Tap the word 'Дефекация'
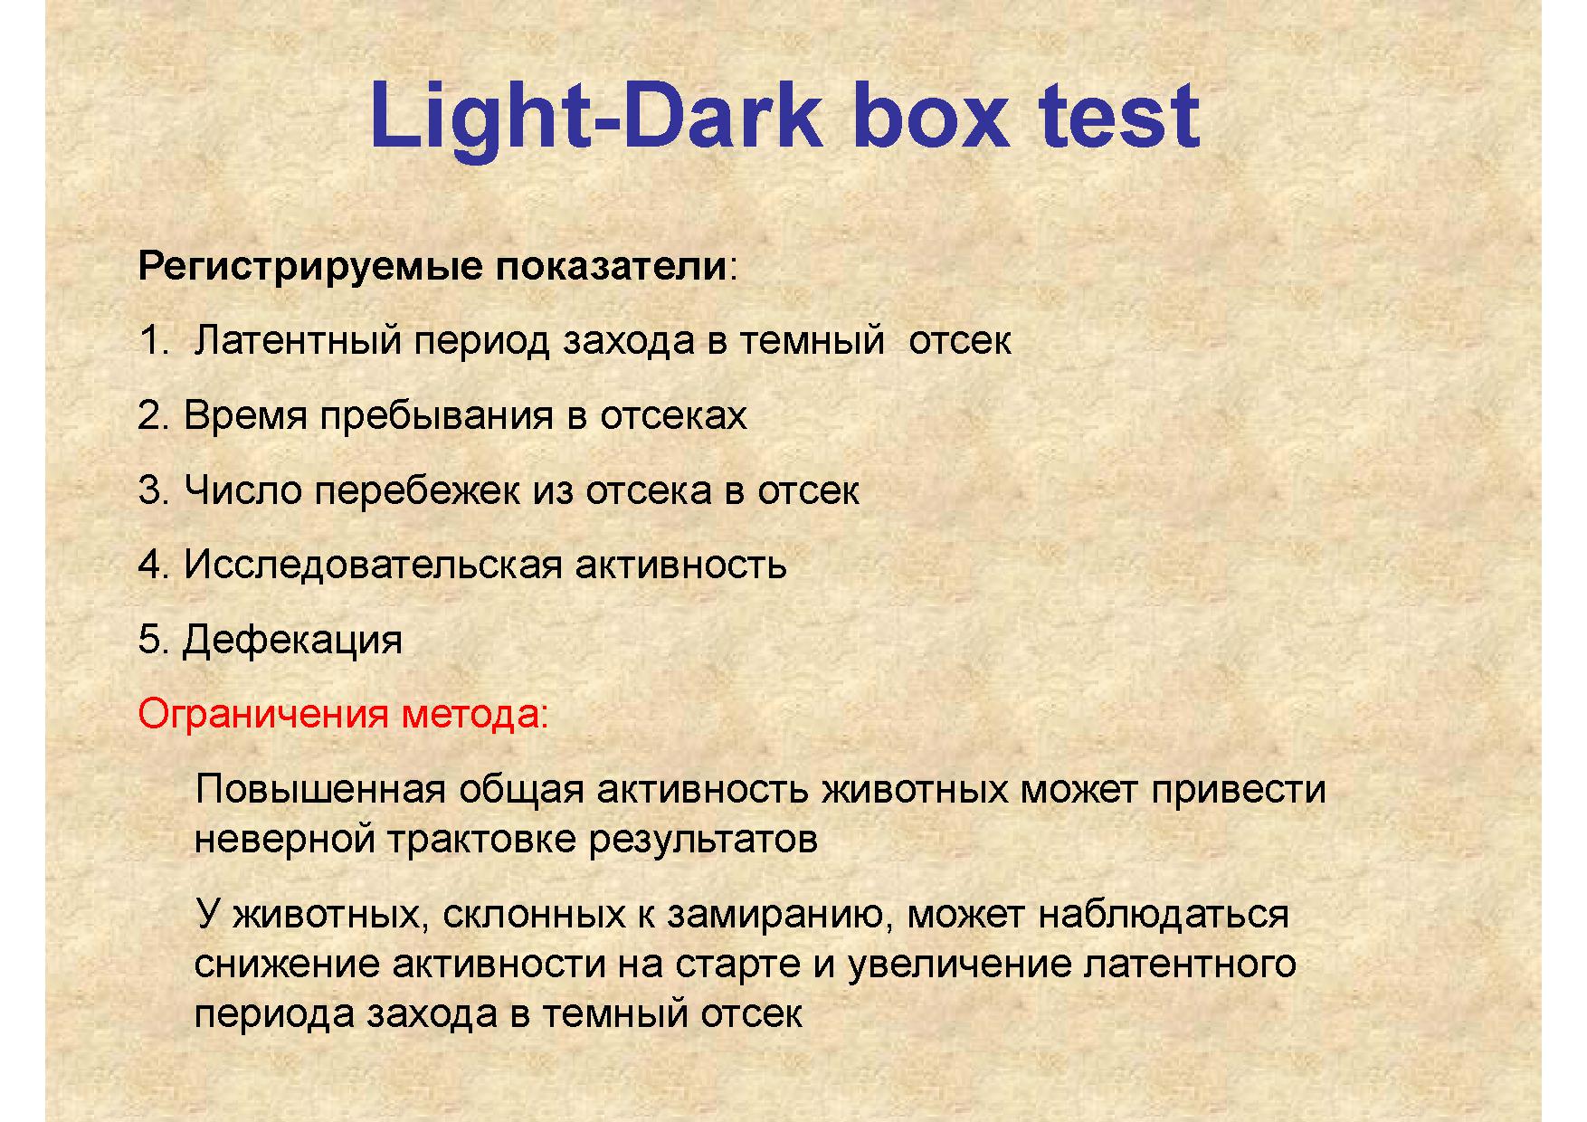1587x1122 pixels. (292, 641)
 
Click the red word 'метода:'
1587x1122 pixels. (475, 716)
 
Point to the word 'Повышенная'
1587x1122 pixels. (320, 790)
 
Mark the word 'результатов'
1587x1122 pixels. (703, 840)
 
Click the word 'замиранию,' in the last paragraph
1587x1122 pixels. (781, 915)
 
